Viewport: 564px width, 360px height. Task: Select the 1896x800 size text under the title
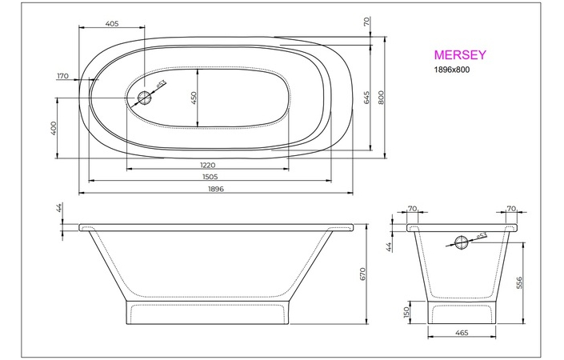coord(452,71)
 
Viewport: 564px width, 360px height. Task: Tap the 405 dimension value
coord(112,24)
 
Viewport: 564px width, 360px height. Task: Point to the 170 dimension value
coord(63,76)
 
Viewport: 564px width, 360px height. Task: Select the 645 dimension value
coord(366,98)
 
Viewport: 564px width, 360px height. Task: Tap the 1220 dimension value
coord(207,165)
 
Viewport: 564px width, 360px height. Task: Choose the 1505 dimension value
coord(210,177)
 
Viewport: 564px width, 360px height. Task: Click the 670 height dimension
coord(362,274)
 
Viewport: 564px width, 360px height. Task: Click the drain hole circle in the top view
coord(145,98)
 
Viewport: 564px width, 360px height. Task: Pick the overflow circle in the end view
coord(462,242)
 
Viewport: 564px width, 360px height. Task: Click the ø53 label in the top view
coord(160,84)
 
